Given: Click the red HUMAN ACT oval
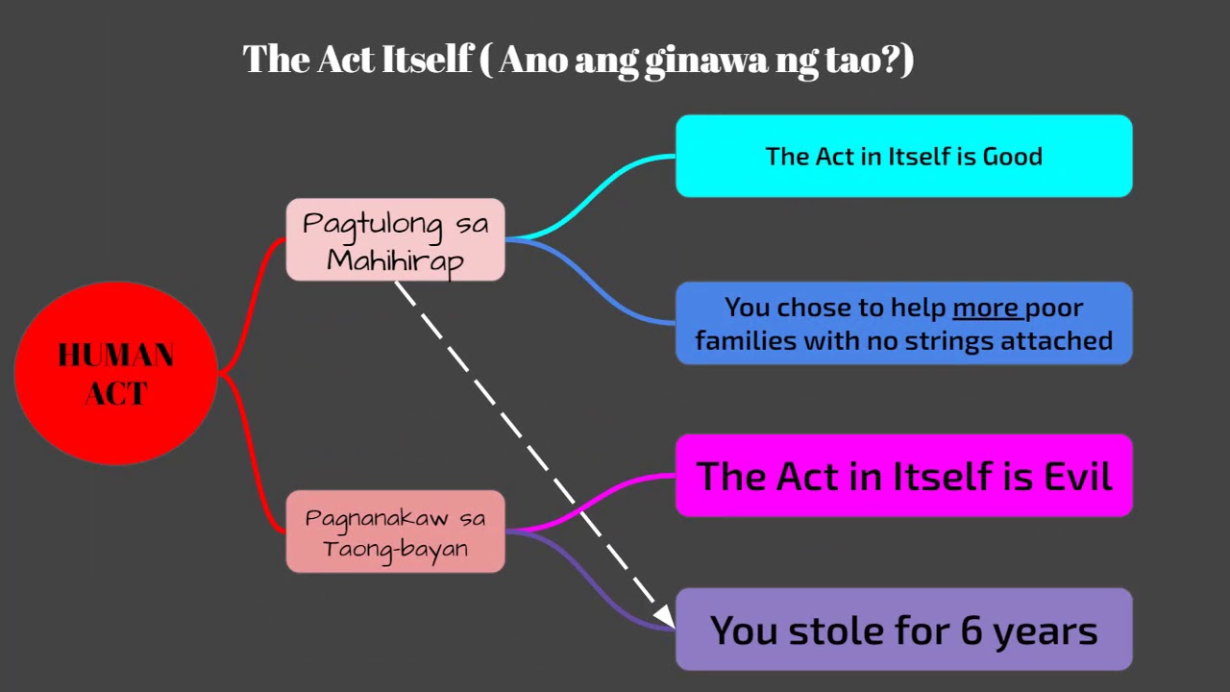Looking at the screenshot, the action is coord(115,373).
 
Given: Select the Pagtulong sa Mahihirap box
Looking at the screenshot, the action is coord(395,240).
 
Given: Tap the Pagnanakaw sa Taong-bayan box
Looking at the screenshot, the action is coord(395,531).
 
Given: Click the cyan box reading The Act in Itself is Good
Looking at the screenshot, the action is coord(903,156).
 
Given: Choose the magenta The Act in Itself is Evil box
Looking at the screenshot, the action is coord(903,476).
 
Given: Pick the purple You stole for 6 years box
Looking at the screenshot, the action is coord(903,630).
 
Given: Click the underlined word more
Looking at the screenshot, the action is coord(985,308).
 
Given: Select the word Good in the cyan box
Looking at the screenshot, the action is coord(1012,157).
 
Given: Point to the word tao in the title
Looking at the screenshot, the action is coord(857,60).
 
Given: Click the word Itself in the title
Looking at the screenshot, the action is coord(426,60).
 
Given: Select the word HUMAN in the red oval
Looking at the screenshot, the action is coord(115,356).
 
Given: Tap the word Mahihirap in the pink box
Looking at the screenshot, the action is coord(395,260).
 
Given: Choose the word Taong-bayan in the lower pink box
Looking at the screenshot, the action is coord(395,549).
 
